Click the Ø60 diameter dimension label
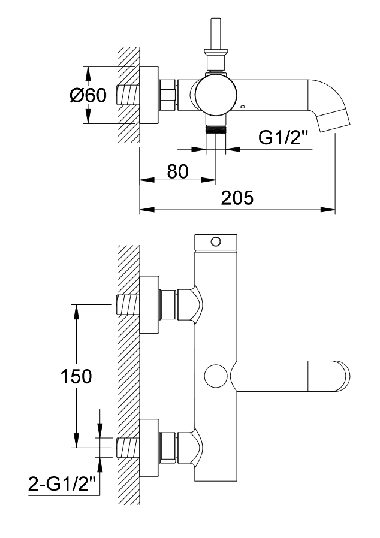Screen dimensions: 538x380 point(88,95)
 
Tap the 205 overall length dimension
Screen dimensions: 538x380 point(237,198)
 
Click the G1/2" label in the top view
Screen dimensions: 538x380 point(284,138)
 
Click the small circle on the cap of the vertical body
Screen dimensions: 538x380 point(216,242)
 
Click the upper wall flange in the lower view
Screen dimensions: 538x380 point(149,306)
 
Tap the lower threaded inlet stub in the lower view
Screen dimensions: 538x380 point(128,447)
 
